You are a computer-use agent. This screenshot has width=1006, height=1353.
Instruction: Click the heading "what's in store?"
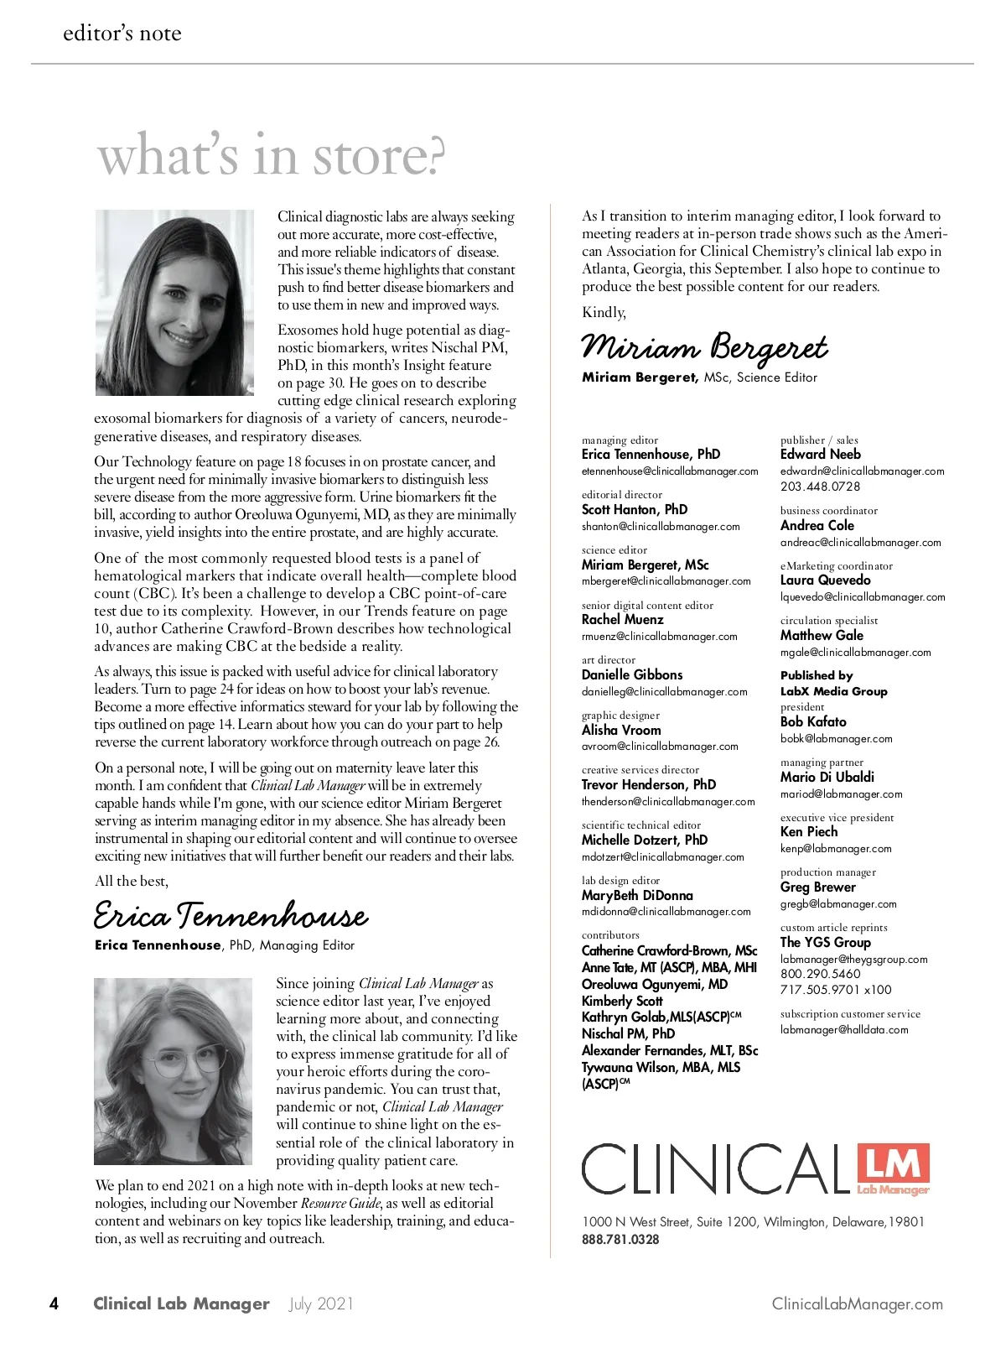271,156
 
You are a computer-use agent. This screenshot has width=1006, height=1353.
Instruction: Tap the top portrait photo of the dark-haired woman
174,303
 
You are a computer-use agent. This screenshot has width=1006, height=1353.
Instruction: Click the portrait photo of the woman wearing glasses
173,1071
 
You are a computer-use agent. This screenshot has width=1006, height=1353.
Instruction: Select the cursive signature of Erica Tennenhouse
231,915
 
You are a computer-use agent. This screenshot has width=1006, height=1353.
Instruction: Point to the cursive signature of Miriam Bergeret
704,346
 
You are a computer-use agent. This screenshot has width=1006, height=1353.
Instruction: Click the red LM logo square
894,1167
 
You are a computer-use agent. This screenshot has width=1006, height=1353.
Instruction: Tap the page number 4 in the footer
54,1304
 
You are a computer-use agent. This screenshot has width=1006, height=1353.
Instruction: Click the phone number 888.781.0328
620,1239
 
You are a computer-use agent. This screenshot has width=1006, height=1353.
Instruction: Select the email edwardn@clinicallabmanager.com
862,471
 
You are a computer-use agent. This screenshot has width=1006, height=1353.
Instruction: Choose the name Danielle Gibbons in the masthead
632,674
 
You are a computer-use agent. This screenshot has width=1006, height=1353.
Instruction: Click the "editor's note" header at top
122,34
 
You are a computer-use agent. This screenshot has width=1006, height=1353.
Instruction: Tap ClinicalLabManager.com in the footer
857,1304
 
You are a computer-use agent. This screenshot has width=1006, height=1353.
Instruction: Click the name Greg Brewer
817,887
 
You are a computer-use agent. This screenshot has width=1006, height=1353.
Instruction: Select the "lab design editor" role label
620,880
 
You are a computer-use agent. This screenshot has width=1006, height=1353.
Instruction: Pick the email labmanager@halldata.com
844,1029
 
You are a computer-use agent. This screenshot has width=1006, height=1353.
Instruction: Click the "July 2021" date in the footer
321,1304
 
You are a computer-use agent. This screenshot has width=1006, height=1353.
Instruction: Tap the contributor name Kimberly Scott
622,1001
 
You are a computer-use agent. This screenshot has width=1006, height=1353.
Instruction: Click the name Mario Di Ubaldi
827,777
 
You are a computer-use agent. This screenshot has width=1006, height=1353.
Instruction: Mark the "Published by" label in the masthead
817,675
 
